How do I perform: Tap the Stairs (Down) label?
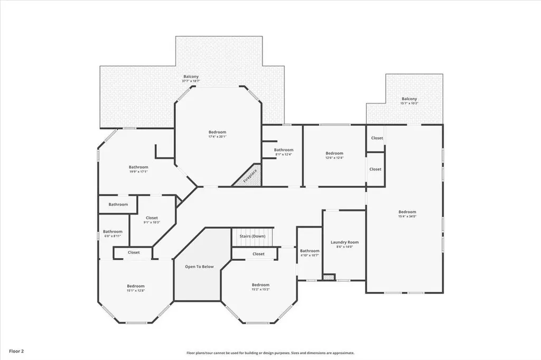(253, 236)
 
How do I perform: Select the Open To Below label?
(199, 267)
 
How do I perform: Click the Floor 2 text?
(16, 350)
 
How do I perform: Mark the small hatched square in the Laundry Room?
(329, 277)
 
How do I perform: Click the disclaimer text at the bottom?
(270, 353)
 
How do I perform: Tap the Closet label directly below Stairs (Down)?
(258, 254)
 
